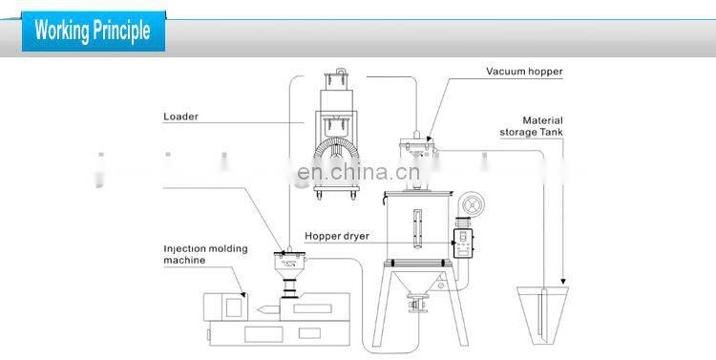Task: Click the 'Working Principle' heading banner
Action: pyautogui.click(x=93, y=30)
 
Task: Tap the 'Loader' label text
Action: pyautogui.click(x=180, y=117)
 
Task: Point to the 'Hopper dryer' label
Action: pyautogui.click(x=337, y=235)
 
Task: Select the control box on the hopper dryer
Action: pyautogui.click(x=463, y=243)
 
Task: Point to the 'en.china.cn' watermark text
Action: pyautogui.click(x=354, y=174)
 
